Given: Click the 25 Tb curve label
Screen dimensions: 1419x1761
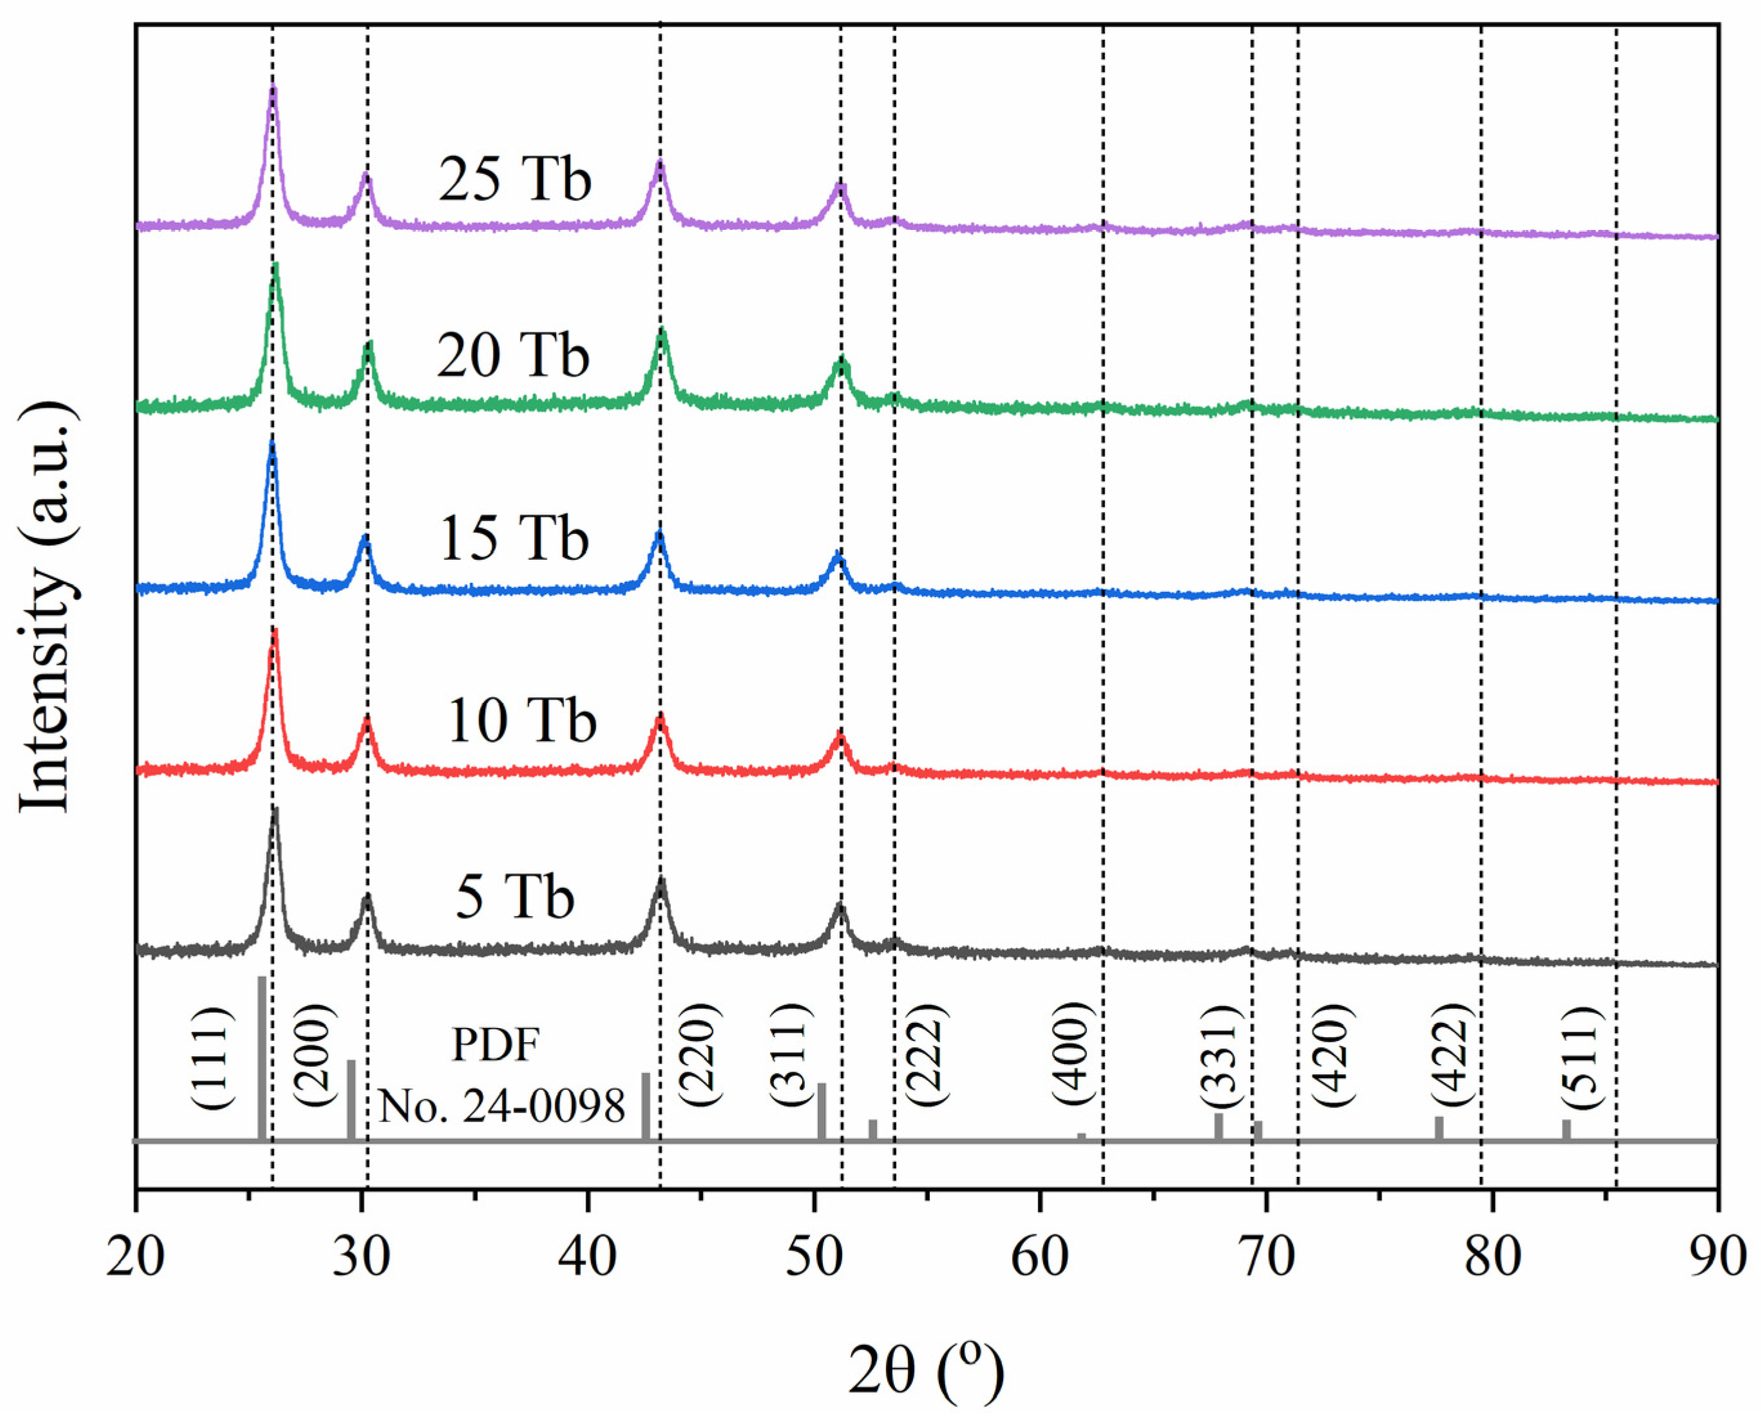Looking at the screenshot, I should pyautogui.click(x=514, y=180).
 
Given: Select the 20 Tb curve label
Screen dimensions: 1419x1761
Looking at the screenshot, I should pyautogui.click(x=513, y=356).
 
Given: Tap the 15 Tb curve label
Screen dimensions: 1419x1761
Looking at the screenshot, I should pyautogui.click(x=514, y=540).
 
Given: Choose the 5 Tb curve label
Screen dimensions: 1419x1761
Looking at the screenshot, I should pyautogui.click(x=515, y=897).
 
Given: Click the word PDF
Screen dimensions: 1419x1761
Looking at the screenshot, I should pyautogui.click(x=496, y=1045).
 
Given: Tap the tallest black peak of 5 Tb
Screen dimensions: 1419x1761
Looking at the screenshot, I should pyautogui.click(x=274, y=811).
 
